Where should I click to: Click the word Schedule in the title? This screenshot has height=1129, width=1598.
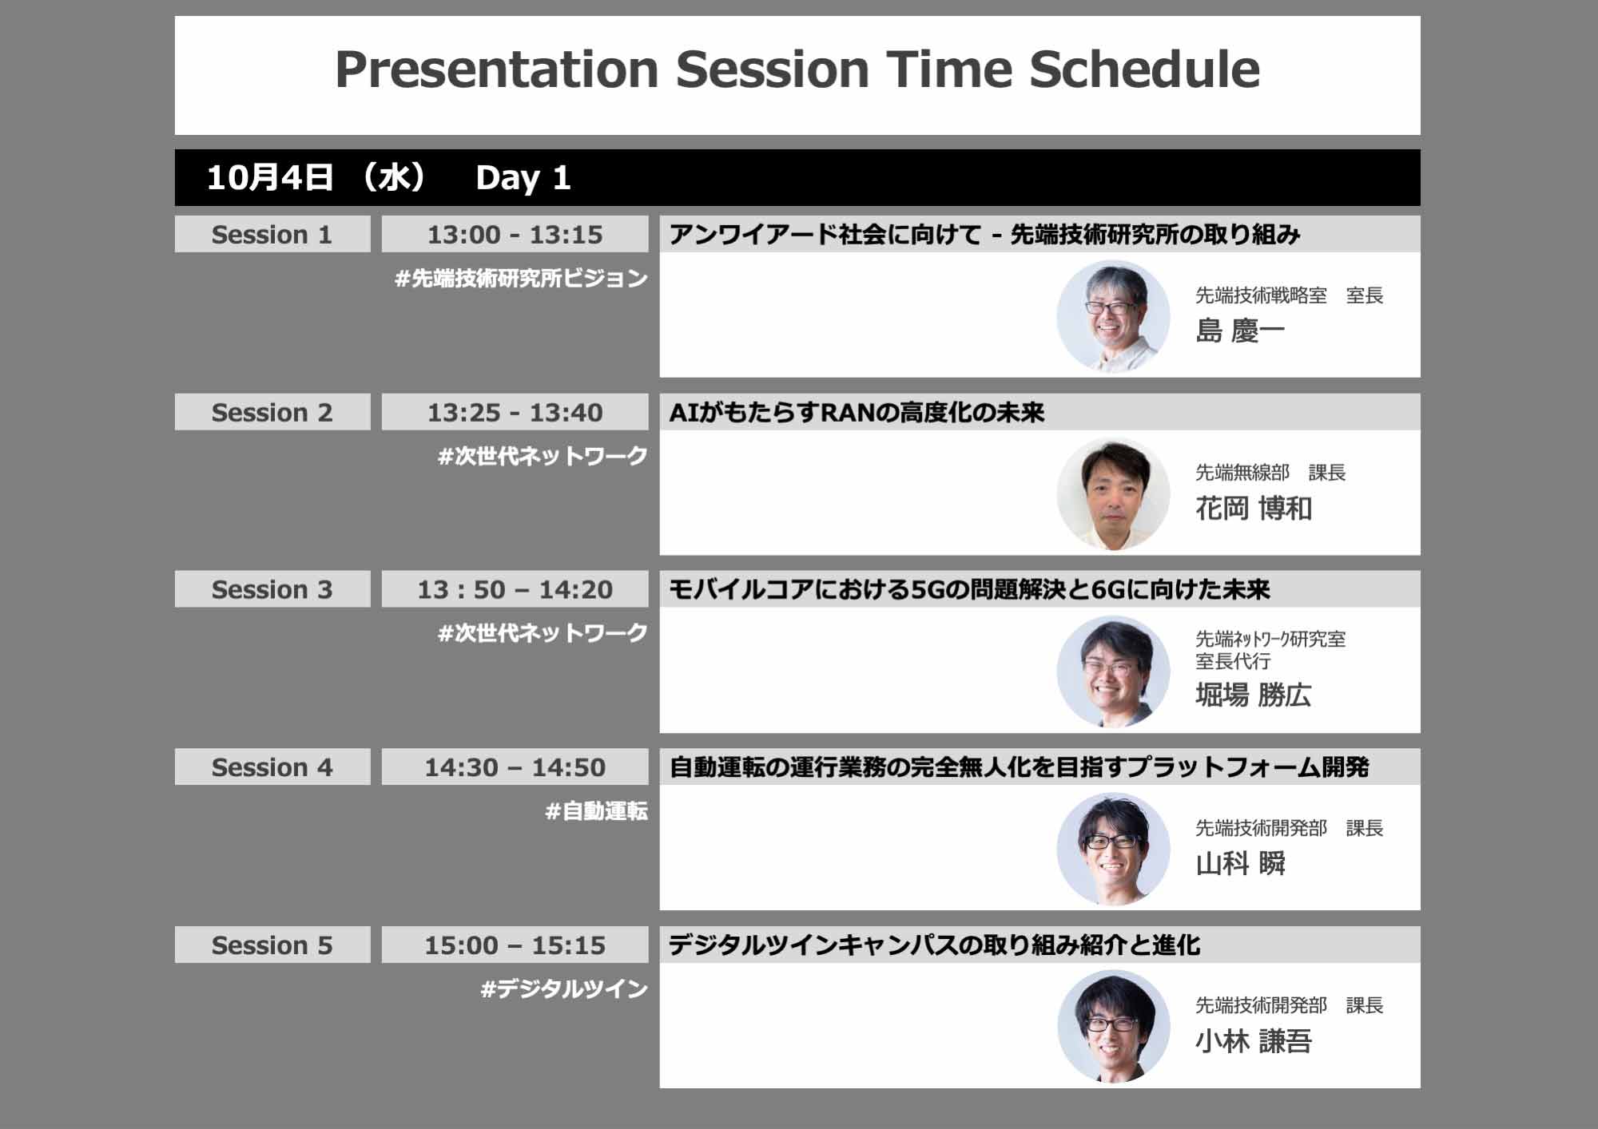(1144, 69)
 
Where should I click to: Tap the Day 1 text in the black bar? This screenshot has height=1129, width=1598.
(523, 178)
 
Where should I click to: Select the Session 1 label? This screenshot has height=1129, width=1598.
(272, 235)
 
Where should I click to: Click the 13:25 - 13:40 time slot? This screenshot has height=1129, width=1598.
(515, 413)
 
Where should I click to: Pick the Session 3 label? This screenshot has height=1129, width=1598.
(272, 590)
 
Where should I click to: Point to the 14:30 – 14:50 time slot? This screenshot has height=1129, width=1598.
(515, 767)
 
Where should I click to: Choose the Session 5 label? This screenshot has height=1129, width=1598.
(272, 945)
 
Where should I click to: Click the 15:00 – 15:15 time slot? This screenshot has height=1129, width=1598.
(515, 945)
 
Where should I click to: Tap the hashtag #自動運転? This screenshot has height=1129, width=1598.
(596, 811)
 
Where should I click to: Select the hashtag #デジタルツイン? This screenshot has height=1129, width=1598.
(564, 989)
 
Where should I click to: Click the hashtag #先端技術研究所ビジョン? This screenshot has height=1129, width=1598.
(521, 279)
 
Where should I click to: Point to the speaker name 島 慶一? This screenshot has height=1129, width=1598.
(1240, 331)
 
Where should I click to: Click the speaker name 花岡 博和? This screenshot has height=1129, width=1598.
(1254, 509)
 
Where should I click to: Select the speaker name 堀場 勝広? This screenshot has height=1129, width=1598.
(1254, 695)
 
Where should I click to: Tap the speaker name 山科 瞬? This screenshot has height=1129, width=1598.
(1240, 864)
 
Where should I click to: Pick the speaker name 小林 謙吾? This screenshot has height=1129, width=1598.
(1254, 1041)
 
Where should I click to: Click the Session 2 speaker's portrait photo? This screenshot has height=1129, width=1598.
(1113, 494)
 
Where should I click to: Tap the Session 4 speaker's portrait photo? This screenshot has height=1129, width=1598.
(1113, 849)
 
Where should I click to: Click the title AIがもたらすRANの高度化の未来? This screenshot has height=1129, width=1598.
(857, 413)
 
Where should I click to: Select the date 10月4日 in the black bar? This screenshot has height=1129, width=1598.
(269, 178)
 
